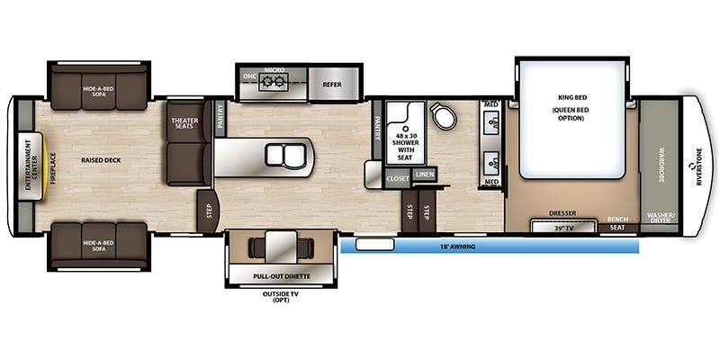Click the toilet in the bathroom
click(443, 115)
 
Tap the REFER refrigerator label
click(332, 85)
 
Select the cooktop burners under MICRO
click(274, 82)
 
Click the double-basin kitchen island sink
click(285, 154)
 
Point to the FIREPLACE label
click(53, 168)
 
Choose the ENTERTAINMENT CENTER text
click(31, 166)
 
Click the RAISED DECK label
click(101, 160)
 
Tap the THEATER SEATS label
click(184, 123)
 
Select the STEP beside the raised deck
click(209, 211)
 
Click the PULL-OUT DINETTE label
click(282, 276)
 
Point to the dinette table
click(281, 247)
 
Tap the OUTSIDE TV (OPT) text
click(281, 297)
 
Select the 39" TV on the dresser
click(565, 227)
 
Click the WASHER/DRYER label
click(659, 217)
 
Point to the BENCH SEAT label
click(617, 223)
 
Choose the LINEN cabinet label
click(424, 175)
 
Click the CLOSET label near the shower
click(398, 178)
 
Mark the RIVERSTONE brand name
click(699, 166)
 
